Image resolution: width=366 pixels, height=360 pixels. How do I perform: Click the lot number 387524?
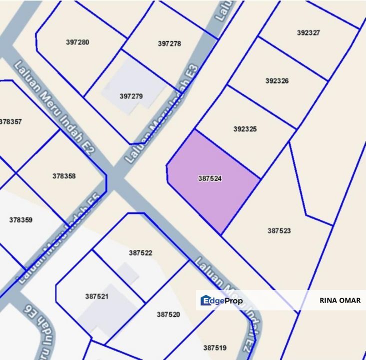(210, 178)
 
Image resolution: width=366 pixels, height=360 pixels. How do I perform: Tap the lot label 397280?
(77, 42)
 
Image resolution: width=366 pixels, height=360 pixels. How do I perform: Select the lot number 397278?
(169, 43)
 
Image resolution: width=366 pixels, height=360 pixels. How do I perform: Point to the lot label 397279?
(131, 95)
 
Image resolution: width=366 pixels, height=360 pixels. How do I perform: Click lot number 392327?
(308, 32)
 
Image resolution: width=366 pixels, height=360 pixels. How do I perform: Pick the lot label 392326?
(277, 80)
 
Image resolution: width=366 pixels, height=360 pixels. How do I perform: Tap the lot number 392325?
(245, 128)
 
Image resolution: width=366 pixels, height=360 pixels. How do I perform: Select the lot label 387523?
(279, 230)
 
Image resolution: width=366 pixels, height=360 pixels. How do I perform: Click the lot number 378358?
(64, 176)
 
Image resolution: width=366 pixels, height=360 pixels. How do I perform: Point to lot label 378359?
(21, 219)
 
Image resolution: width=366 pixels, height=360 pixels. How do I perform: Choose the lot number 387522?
(140, 253)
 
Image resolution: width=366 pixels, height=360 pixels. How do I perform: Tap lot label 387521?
(97, 296)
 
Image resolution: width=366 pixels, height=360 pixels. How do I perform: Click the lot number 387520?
(168, 314)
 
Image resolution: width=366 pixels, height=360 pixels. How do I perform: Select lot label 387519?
(214, 347)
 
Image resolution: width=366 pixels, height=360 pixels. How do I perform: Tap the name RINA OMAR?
(339, 300)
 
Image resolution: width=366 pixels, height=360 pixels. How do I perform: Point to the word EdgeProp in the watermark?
(228, 300)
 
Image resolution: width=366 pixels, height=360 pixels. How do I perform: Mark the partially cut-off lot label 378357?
(11, 121)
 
